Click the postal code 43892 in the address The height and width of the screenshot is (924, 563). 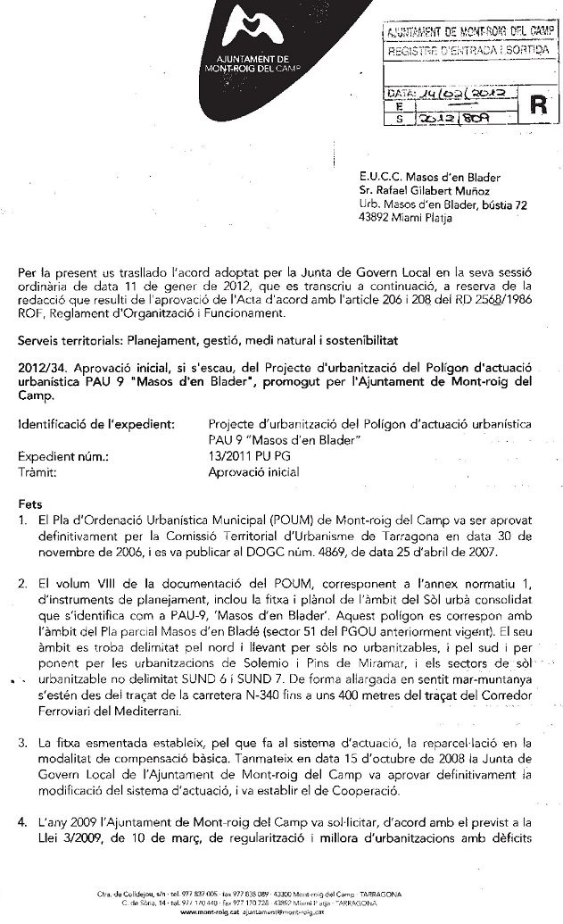point(375,218)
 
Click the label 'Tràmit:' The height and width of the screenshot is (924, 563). point(37,471)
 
